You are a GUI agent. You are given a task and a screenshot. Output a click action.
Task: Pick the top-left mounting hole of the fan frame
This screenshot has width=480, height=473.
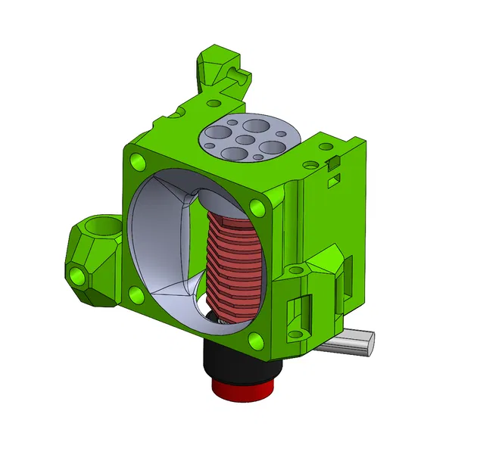click(x=138, y=161)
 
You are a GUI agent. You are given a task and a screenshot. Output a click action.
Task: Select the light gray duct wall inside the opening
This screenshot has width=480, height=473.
click(x=163, y=242)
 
